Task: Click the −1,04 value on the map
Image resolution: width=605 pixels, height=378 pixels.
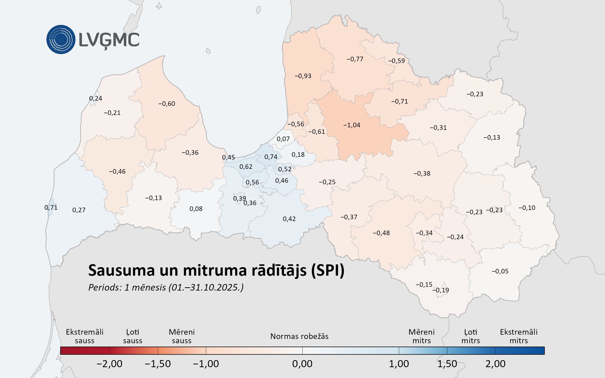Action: [352, 125]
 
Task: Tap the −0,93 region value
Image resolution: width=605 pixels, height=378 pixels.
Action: [303, 76]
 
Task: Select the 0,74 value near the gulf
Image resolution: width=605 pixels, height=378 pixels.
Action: [271, 157]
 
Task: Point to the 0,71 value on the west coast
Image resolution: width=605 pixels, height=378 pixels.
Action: [51, 208]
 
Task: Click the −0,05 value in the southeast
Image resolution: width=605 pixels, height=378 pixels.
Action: [500, 271]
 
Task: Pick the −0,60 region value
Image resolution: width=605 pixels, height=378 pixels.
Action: [167, 104]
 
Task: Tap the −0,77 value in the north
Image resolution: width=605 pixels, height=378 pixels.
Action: [355, 59]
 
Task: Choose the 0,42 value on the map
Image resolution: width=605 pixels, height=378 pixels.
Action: [289, 219]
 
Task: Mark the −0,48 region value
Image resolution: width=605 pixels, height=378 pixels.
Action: [381, 233]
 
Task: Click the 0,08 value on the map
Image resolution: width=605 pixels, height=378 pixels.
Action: [196, 209]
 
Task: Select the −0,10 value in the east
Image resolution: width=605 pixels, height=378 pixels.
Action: [527, 208]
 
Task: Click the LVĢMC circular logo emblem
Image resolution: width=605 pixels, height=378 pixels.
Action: [61, 40]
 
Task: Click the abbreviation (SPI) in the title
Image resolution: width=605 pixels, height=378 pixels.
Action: [328, 271]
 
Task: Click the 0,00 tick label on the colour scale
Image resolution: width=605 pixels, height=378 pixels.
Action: [302, 364]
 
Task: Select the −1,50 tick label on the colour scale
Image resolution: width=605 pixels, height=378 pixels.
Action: [158, 364]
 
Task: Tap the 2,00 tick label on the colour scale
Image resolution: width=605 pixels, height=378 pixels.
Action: [495, 364]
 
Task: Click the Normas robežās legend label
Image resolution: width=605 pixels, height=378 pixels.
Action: [299, 336]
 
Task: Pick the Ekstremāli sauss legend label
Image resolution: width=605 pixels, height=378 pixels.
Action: [85, 336]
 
